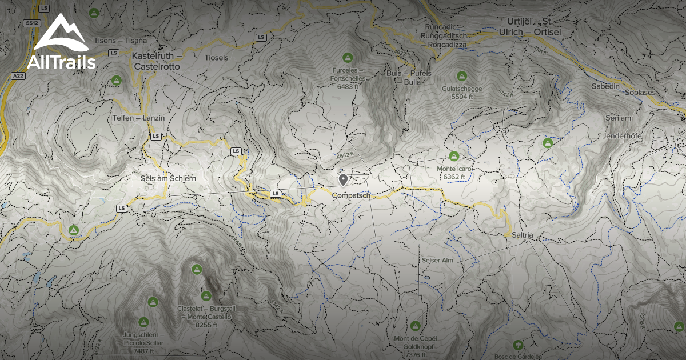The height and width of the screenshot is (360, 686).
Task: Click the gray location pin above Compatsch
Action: coord(343,180)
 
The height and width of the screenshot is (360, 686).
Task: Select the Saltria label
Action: coord(519,235)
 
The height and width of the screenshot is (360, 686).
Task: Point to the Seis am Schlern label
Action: coord(168,178)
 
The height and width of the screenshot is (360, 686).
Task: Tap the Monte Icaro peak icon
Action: coord(454,155)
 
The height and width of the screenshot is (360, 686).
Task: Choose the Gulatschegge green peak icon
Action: coord(461,75)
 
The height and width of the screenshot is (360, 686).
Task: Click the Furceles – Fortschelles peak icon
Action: coord(347,57)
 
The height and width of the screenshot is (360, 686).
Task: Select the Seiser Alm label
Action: coord(437,260)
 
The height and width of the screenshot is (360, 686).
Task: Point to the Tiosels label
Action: coord(216,58)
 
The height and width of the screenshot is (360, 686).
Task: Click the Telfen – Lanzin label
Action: coord(138,118)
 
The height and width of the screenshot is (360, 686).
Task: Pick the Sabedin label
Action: coord(606,86)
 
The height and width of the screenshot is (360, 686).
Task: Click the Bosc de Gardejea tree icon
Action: coord(518,345)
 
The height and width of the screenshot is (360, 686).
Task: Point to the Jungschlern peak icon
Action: coord(143,322)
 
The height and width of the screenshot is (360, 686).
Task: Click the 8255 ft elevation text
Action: coord(208,325)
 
